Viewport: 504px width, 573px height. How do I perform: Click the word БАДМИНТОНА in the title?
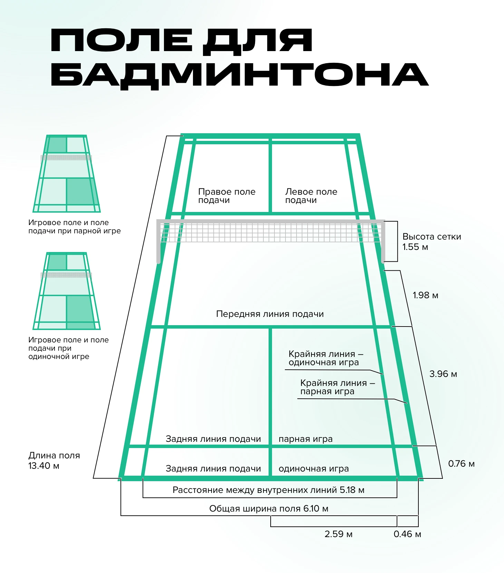pyautogui.click(x=240, y=75)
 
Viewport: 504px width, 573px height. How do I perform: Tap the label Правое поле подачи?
pyautogui.click(x=227, y=196)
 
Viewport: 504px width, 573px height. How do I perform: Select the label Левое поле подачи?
pyautogui.click(x=311, y=196)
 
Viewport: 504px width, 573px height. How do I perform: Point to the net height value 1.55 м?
pyautogui.click(x=415, y=247)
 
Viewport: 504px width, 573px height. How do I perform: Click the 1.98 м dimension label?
pyautogui.click(x=425, y=295)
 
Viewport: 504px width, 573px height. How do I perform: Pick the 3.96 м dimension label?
pyautogui.click(x=443, y=374)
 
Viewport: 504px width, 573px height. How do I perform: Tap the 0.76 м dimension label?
pyautogui.click(x=461, y=464)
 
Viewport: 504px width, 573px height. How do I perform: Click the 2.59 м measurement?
pyautogui.click(x=338, y=534)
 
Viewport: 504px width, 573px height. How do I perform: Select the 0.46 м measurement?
pyautogui.click(x=407, y=534)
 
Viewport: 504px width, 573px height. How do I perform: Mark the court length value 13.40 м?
pyautogui.click(x=44, y=466)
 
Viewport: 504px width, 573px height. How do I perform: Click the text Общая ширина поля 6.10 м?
pyautogui.click(x=269, y=508)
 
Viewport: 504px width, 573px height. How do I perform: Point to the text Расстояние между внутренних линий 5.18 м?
pyautogui.click(x=269, y=490)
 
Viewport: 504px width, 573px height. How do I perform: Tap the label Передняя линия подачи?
pyautogui.click(x=270, y=314)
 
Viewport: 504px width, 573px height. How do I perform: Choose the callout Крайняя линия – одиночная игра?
pyautogui.click(x=326, y=358)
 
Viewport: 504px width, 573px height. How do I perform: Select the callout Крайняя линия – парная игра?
pyautogui.click(x=338, y=387)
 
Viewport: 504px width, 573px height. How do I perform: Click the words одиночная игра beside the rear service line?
pyautogui.click(x=314, y=468)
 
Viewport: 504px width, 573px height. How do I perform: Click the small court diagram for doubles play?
pyautogui.click(x=67, y=173)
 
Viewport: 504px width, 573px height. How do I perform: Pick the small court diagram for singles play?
pyautogui.click(x=67, y=291)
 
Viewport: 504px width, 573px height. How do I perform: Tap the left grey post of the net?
pyautogui.click(x=158, y=242)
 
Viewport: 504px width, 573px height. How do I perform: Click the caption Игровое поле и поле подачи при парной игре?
pyautogui.click(x=75, y=227)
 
